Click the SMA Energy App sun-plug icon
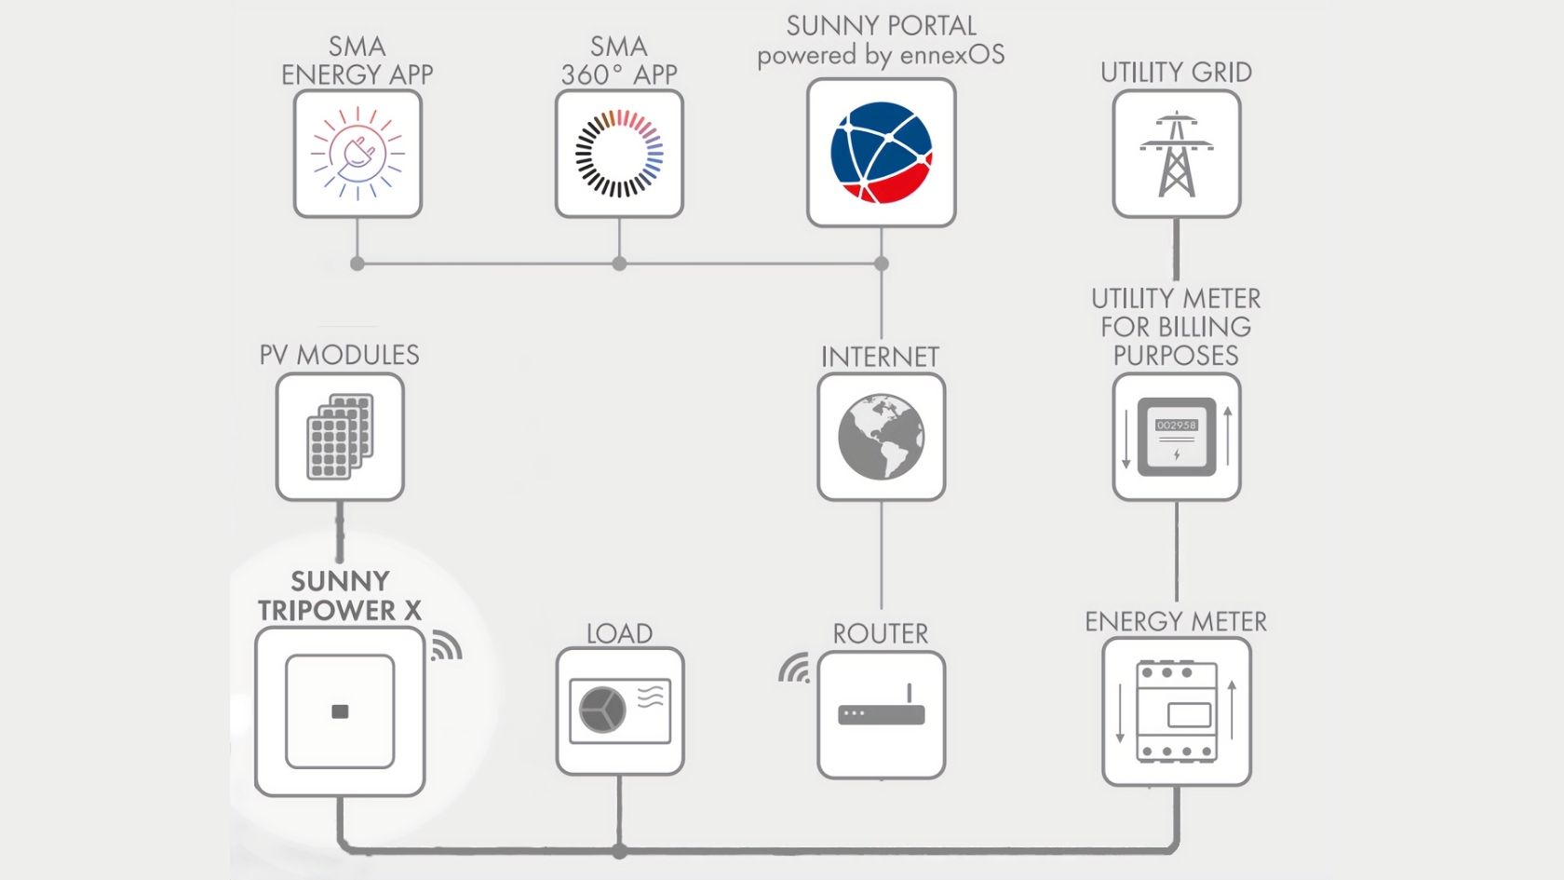pos(357,155)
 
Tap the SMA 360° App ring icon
pos(619,154)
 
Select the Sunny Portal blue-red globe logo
pos(881,153)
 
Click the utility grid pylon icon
pos(1177,155)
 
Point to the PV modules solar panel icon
pos(340,437)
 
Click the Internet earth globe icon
pos(881,437)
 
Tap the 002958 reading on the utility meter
pos(1176,426)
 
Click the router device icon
pos(881,712)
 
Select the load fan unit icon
pos(619,711)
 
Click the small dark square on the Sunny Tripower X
pos(340,711)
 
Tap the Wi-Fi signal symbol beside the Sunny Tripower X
pos(446,646)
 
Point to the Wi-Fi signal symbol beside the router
pos(795,669)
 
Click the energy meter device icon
pos(1177,711)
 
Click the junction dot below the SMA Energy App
pos(357,264)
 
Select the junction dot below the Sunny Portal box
pos(881,264)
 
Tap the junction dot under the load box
pos(619,851)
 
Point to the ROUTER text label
pos(881,634)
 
